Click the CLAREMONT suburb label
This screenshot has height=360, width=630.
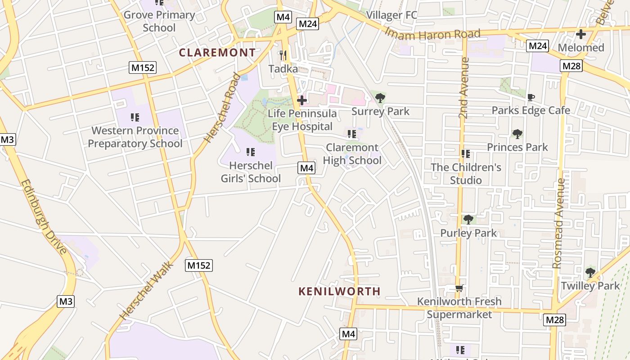[x=217, y=53]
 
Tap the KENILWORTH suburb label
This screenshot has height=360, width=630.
[x=340, y=291]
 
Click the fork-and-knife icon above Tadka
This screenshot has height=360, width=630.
[x=283, y=55]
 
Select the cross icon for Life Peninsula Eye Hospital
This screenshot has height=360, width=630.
[x=302, y=100]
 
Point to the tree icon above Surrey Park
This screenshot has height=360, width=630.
[x=380, y=98]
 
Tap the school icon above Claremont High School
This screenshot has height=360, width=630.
[x=352, y=134]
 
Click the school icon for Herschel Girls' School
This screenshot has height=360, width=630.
[x=251, y=152]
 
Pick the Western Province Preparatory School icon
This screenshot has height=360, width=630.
[x=135, y=117]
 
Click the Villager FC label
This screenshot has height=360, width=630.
[x=391, y=15]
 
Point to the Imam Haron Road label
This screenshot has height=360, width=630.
[x=432, y=34]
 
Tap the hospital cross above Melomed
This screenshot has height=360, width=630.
[x=581, y=34]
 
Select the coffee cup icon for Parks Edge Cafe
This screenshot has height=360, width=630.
[x=531, y=97]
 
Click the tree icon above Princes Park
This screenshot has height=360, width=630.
[x=517, y=134]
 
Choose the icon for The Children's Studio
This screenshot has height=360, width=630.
[x=466, y=154]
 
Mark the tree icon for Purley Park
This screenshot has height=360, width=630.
[x=468, y=220]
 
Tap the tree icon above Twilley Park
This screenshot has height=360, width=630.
[x=590, y=272]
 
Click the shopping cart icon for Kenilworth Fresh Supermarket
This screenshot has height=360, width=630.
[x=459, y=288]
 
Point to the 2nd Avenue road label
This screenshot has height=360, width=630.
[x=464, y=88]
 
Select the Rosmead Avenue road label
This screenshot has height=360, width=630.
[x=559, y=223]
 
